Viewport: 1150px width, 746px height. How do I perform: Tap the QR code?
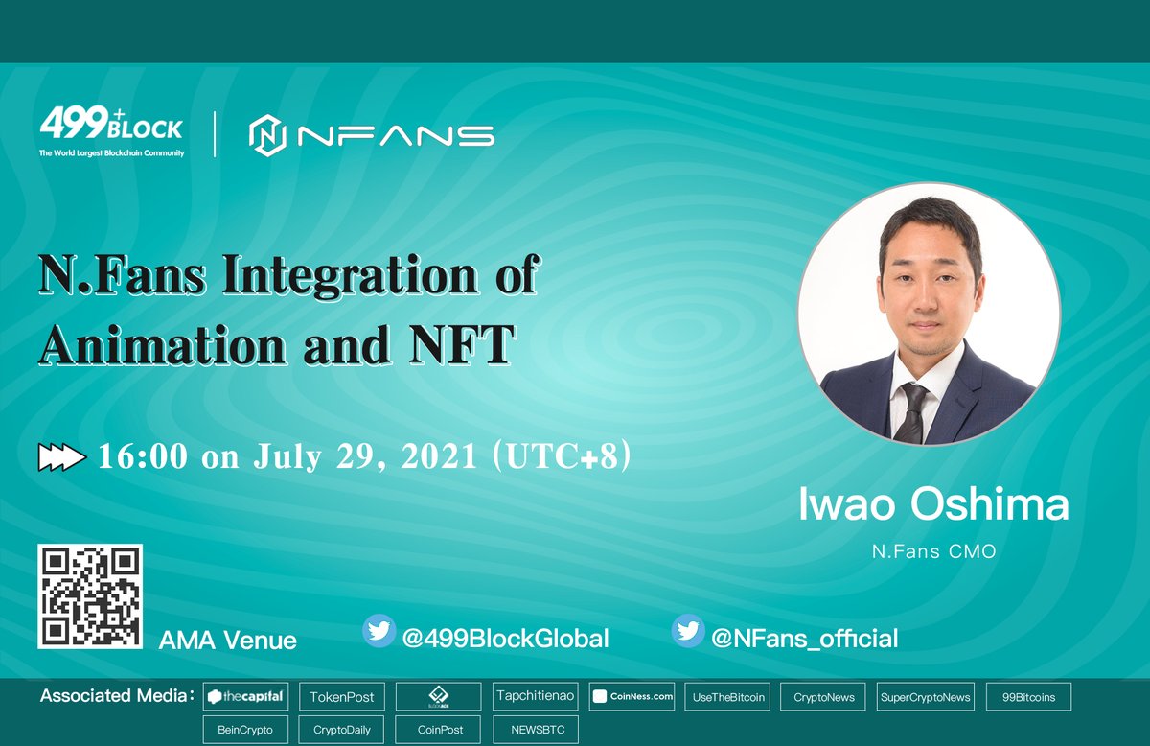point(90,596)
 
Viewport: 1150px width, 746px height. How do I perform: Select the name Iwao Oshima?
point(933,505)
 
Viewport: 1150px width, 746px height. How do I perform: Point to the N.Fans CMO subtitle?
point(933,552)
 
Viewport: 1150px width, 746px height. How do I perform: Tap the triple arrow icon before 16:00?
point(62,458)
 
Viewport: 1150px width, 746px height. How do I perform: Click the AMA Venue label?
point(227,640)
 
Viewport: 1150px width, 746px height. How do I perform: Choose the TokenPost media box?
point(342,697)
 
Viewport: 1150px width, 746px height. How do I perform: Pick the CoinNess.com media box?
point(632,697)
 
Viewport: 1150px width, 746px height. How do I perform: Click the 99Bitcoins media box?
point(1028,697)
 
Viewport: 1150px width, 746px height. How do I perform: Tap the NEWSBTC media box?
point(536,730)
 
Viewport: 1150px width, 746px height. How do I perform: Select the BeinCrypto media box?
point(245,730)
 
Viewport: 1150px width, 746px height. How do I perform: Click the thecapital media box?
point(246,697)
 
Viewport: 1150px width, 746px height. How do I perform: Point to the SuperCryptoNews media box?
point(925,697)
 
